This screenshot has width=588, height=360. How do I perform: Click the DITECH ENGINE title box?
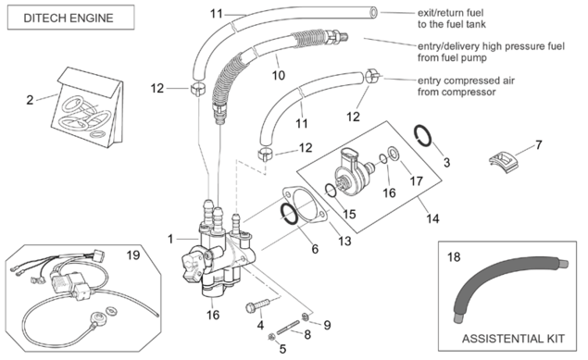click(71, 18)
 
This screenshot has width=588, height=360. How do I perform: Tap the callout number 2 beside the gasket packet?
click(30, 100)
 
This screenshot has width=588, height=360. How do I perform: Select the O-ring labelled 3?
click(423, 136)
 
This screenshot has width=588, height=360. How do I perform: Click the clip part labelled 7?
click(506, 162)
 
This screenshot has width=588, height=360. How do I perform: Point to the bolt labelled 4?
click(257, 305)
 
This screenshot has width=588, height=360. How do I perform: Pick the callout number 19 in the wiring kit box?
click(133, 255)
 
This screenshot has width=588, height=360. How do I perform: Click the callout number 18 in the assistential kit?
click(454, 257)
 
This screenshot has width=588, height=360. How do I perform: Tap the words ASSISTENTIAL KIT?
click(513, 339)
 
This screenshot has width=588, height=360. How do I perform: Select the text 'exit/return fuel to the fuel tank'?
click(452, 19)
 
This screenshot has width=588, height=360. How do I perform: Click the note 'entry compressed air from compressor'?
click(466, 86)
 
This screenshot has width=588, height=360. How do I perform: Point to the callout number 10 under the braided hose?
click(278, 76)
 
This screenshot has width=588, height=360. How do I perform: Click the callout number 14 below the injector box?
click(432, 218)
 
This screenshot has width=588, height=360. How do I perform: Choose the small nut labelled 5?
click(270, 337)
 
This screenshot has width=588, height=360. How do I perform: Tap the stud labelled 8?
click(288, 327)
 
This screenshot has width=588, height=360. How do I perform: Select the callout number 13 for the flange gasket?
click(344, 241)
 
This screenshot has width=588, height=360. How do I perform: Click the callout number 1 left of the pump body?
click(170, 239)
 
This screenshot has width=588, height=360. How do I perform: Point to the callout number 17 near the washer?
click(416, 181)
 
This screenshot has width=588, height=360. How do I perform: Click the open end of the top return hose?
click(373, 12)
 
